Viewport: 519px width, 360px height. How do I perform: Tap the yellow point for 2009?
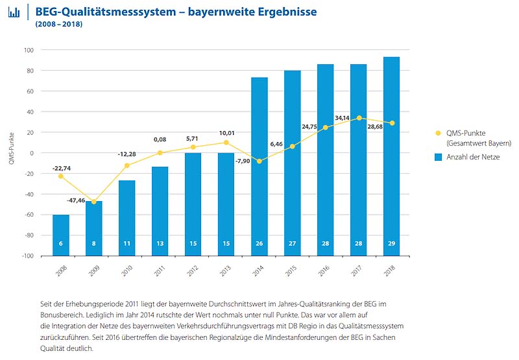[x=94, y=202]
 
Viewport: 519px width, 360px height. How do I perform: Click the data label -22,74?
[x=62, y=167]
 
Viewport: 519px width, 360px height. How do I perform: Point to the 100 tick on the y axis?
[x=29, y=50]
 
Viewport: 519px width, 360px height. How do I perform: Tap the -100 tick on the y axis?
[x=27, y=256]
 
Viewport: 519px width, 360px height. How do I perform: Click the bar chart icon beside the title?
[x=14, y=13]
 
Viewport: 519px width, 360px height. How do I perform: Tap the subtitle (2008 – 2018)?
[x=59, y=25]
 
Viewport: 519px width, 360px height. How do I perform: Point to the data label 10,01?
[x=226, y=133]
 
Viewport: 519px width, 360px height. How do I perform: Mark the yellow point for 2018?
[x=391, y=123]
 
